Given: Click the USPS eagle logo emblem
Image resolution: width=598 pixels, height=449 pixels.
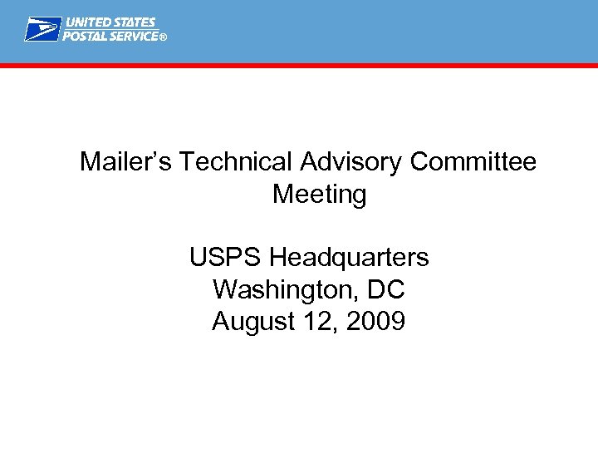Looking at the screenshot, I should (42, 29).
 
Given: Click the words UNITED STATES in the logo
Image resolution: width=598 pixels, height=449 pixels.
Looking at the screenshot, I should (110, 22).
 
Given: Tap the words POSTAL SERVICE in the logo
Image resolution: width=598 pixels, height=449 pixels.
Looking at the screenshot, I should (110, 37).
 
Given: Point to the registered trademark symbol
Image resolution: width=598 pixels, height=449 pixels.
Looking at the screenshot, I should (163, 37).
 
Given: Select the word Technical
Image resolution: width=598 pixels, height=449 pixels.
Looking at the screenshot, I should (229, 162).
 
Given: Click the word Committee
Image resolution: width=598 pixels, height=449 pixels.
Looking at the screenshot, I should (473, 162).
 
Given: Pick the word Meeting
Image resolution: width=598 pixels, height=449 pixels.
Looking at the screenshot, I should (320, 195).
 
